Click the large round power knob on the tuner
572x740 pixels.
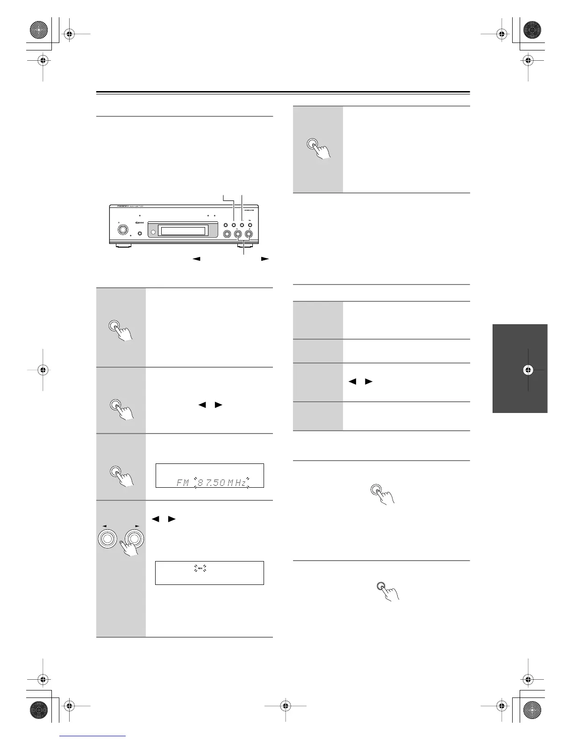pyautogui.click(x=123, y=230)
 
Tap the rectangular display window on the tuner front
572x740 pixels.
pyautogui.click(x=183, y=231)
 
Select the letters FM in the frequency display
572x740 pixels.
pyautogui.click(x=183, y=483)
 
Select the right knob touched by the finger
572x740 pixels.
pyautogui.click(x=136, y=539)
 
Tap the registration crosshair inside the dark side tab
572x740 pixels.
pyautogui.click(x=528, y=370)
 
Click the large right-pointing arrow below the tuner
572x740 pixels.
pyautogui.click(x=265, y=258)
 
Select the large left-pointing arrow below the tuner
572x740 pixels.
pyautogui.click(x=197, y=258)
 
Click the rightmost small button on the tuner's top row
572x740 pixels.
pyautogui.click(x=250, y=225)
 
